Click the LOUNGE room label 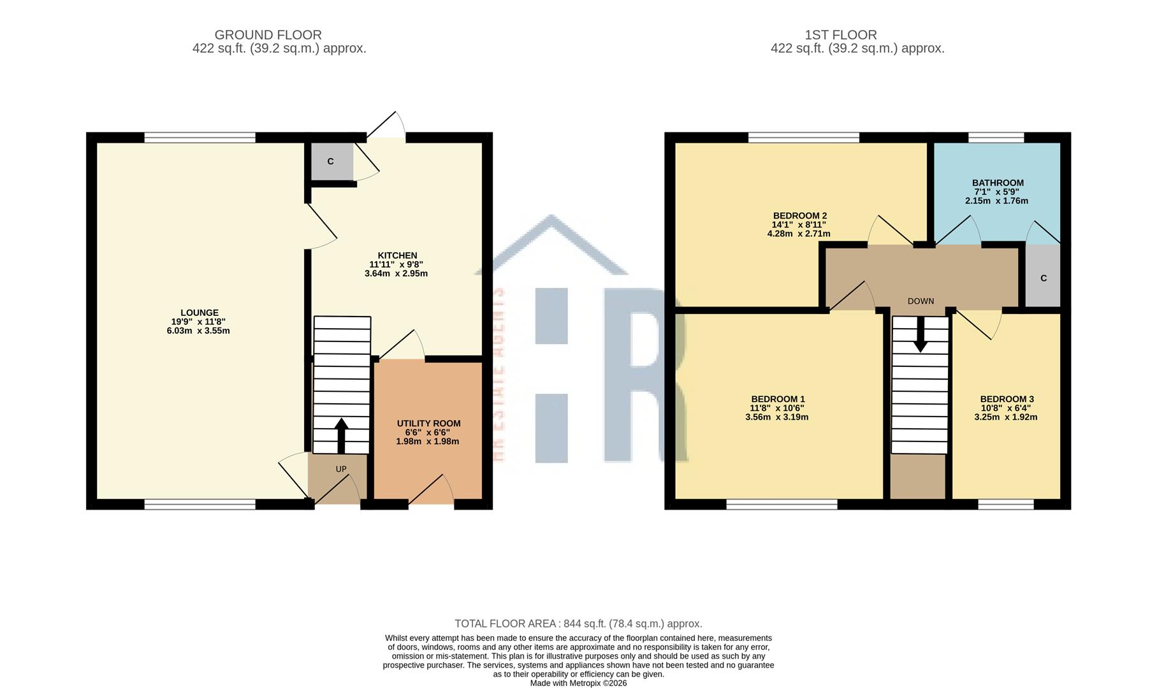199,313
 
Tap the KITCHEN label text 397,255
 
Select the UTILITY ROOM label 428,424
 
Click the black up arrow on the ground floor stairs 341,435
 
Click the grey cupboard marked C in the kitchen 331,161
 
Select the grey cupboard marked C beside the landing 1043,278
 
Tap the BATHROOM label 998,183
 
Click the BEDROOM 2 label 799,216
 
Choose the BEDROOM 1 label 777,399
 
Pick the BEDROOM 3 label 1007,399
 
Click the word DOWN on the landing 921,301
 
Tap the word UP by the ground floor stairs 341,469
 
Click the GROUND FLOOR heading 268,35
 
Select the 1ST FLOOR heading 840,35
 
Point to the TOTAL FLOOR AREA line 578,624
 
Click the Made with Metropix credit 578,683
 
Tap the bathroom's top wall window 996,137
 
